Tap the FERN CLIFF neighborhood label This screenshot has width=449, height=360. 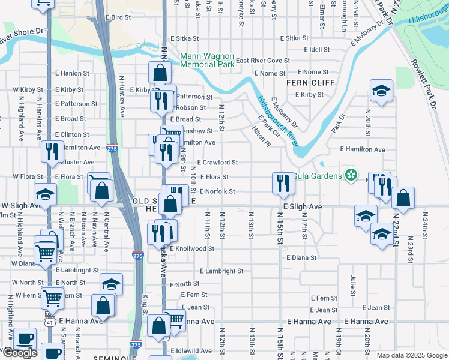[x=309, y=83]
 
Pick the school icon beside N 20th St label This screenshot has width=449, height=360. [x=381, y=91]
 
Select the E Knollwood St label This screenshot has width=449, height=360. [x=192, y=248]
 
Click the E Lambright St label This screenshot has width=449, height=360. [x=221, y=271]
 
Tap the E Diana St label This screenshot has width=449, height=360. [x=301, y=257]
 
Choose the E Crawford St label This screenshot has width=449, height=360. [x=217, y=162]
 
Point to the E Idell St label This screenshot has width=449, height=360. [x=317, y=49]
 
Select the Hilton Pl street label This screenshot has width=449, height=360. [x=261, y=137]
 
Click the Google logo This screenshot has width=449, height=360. [x=19, y=353]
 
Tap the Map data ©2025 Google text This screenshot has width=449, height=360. [x=411, y=355]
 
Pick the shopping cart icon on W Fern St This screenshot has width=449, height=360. [x=52, y=296]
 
